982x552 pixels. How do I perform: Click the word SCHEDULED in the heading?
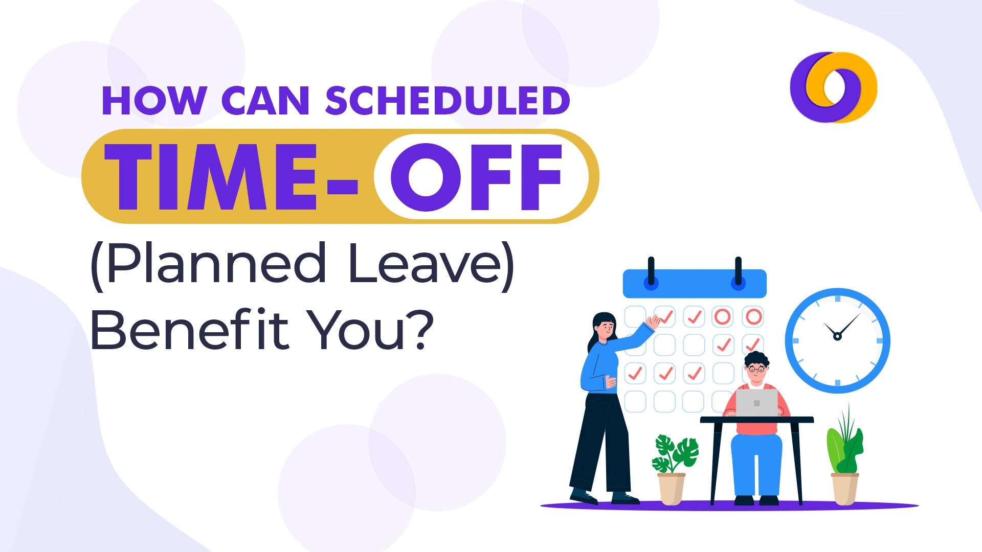point(448,101)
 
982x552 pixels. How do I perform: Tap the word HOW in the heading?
point(154,101)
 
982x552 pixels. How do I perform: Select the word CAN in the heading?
point(265,101)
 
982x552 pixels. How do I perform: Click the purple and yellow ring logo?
point(833,87)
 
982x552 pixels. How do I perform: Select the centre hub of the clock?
point(837,336)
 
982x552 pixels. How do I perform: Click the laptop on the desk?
point(756,403)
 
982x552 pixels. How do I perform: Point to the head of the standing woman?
point(605,326)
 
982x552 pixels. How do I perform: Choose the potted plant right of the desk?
point(845,450)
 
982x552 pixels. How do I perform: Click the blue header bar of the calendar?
point(694,284)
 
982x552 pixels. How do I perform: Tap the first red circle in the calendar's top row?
point(722,317)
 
